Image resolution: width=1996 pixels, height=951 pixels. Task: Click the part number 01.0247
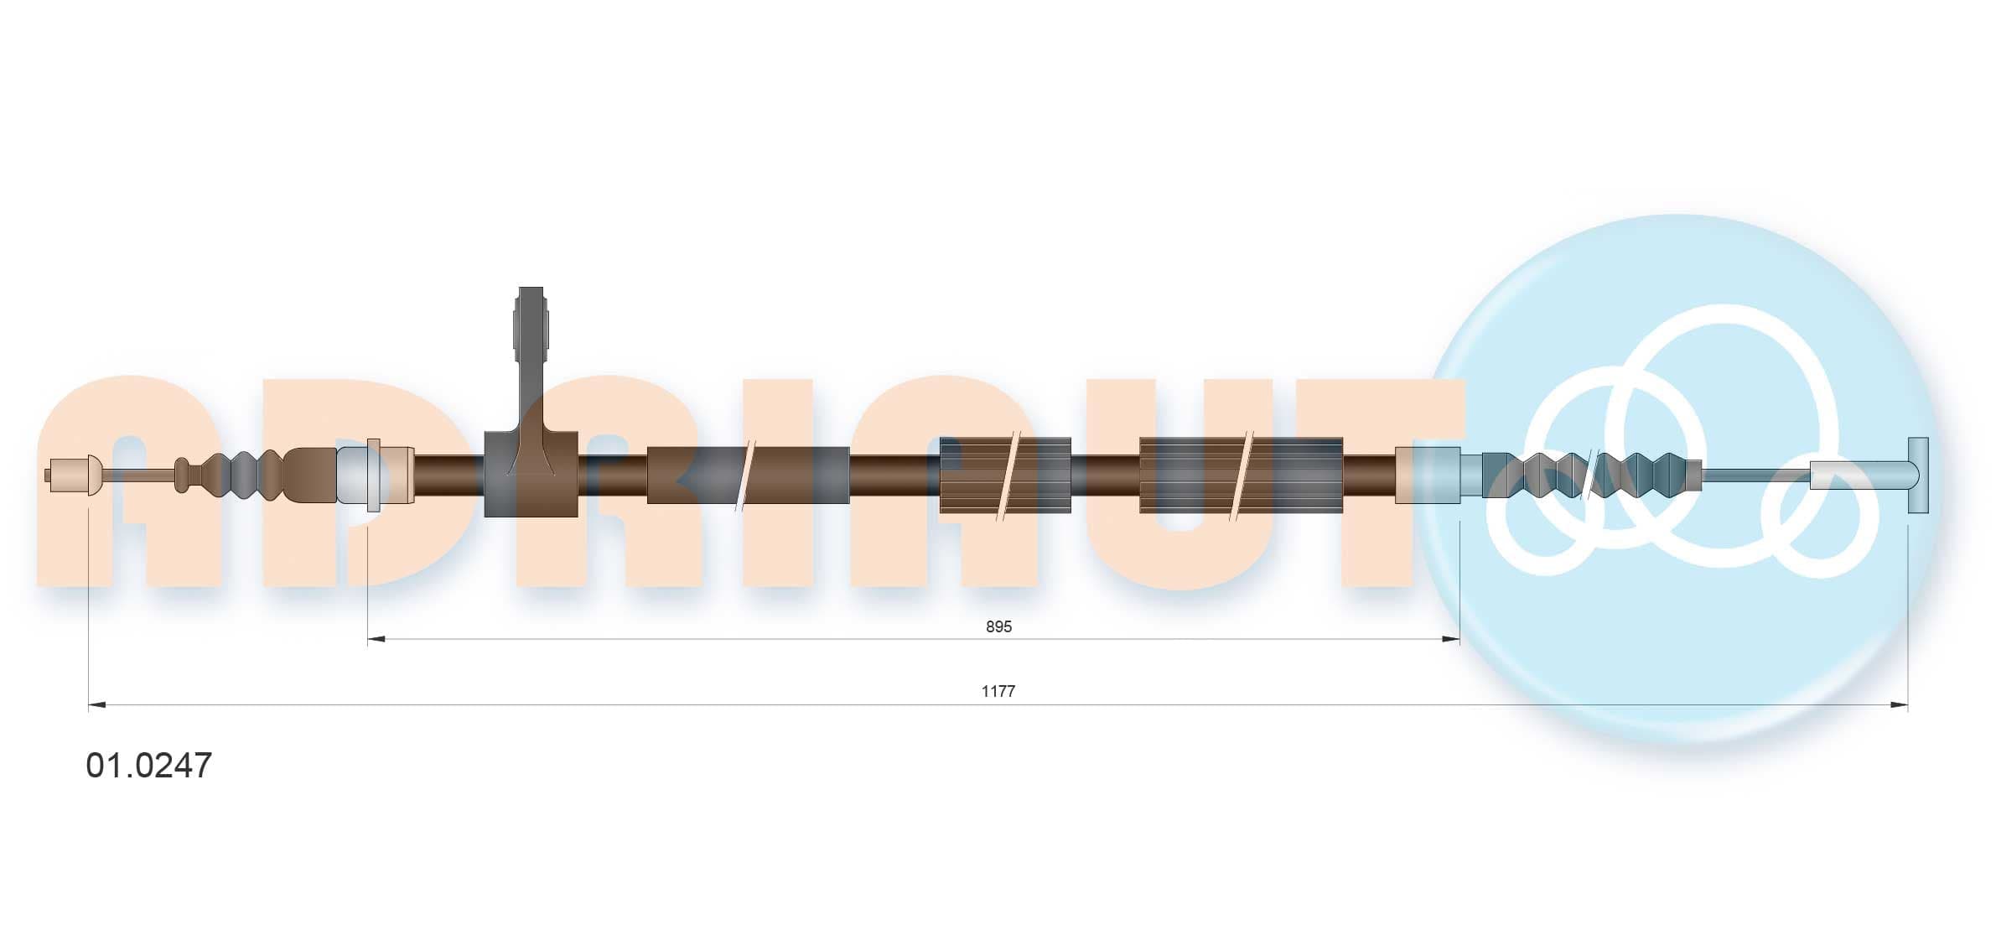click(149, 765)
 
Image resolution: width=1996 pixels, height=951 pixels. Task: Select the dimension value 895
click(998, 626)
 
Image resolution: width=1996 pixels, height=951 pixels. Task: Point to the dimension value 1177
click(998, 691)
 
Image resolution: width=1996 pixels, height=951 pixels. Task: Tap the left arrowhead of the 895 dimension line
click(376, 639)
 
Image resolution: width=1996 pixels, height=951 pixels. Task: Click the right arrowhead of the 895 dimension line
click(1451, 639)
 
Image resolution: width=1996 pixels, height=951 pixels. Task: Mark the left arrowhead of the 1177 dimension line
click(97, 705)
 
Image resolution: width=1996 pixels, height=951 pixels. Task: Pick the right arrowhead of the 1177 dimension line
click(1899, 705)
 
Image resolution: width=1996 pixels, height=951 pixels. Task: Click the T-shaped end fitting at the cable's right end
click(1918, 475)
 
